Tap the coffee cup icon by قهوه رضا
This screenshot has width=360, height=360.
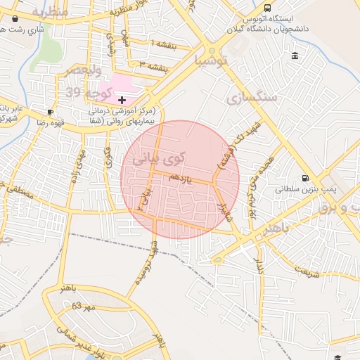click(x=50, y=112)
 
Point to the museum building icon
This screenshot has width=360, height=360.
click(x=293, y=56)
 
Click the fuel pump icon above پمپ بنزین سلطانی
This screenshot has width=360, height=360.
click(x=304, y=178)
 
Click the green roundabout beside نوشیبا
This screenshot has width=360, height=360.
click(x=212, y=51)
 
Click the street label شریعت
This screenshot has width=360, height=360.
click(x=307, y=271)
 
